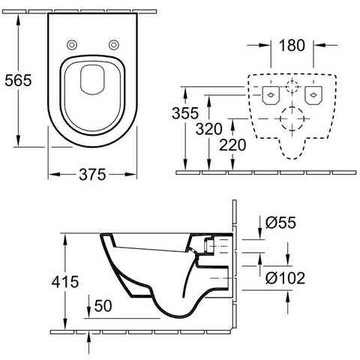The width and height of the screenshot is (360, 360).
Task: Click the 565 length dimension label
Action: point(19,80)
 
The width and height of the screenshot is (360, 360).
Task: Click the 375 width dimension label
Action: point(92,175)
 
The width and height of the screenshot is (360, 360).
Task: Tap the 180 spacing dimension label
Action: point(292,45)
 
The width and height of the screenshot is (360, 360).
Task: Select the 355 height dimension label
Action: point(185,113)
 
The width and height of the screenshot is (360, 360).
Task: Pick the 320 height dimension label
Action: point(208,129)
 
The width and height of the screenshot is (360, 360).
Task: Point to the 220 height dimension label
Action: point(232,145)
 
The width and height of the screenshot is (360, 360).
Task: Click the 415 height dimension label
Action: point(65,282)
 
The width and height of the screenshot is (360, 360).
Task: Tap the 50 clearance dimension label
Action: point(103,305)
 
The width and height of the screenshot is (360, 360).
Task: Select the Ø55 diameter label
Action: point(280,222)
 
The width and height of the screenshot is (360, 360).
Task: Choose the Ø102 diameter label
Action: point(285,277)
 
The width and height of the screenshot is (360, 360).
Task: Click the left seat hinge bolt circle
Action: point(72,45)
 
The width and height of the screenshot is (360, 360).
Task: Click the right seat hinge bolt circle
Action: point(114,45)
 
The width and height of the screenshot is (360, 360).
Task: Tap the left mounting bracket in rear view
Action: point(271,95)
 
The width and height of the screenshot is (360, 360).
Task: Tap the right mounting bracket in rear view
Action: point(313,95)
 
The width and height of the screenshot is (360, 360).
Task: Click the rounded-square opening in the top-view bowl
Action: point(92,80)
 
